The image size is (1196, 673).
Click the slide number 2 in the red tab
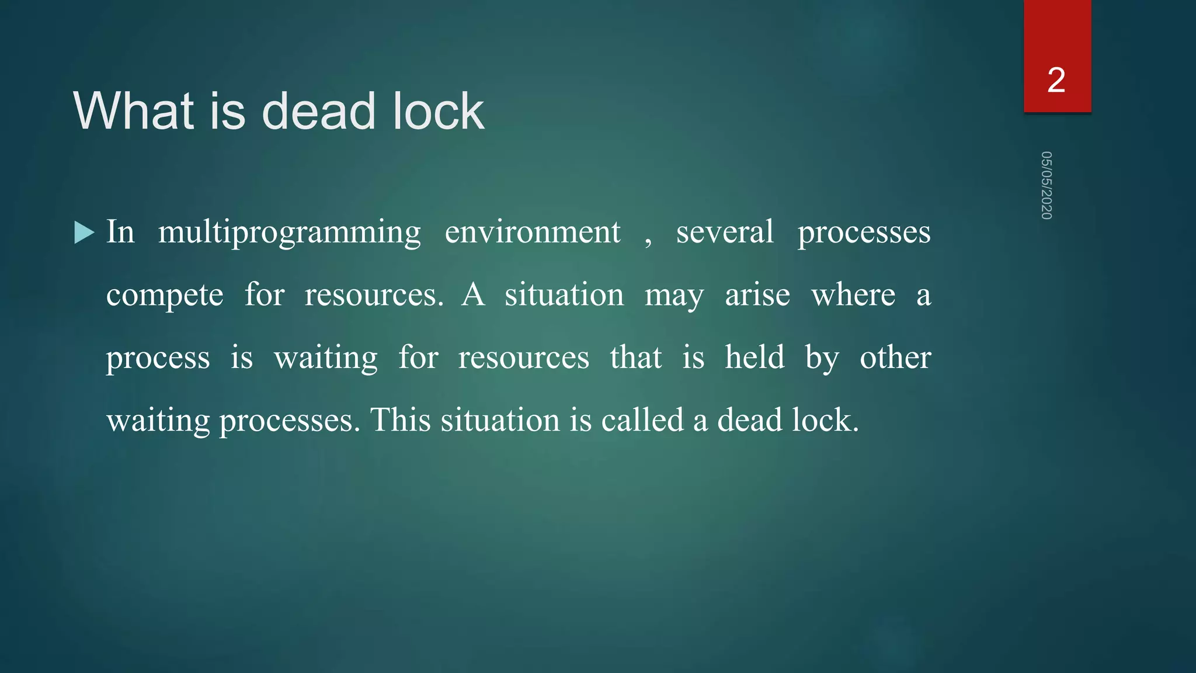(1056, 80)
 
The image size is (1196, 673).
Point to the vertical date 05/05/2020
(1046, 185)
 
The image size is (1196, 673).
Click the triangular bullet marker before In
(84, 233)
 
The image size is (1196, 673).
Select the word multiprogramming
(289, 233)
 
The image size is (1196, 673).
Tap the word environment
(532, 233)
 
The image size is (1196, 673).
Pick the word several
(725, 233)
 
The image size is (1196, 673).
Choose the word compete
(165, 296)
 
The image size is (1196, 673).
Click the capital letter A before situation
(473, 294)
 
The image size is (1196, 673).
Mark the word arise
(757, 294)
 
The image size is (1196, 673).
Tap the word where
(853, 294)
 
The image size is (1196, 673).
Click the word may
(674, 296)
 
